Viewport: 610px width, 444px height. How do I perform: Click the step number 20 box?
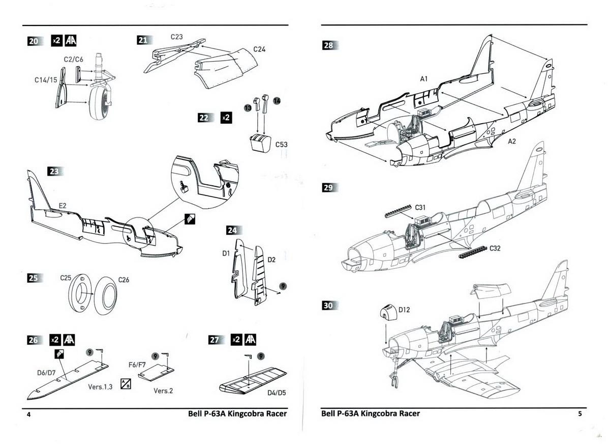click(34, 41)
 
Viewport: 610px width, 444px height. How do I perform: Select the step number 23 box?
click(54, 172)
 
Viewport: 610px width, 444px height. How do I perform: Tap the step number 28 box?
click(329, 45)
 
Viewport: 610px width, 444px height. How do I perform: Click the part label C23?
click(177, 37)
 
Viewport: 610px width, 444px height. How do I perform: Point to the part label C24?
click(259, 49)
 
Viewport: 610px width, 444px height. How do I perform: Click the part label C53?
click(281, 145)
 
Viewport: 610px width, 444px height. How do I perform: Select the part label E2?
click(63, 205)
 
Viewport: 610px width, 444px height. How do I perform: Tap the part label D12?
click(404, 310)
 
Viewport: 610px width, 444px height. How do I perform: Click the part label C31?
click(420, 207)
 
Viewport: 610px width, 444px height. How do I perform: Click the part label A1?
click(424, 79)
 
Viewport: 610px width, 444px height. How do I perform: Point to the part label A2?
click(511, 141)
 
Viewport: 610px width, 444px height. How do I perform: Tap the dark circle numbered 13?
click(248, 108)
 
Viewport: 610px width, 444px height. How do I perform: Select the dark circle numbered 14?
click(277, 100)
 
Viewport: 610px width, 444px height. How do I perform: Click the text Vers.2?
click(163, 391)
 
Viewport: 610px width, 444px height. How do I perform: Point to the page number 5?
click(580, 413)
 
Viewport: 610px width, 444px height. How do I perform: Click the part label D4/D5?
click(276, 393)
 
